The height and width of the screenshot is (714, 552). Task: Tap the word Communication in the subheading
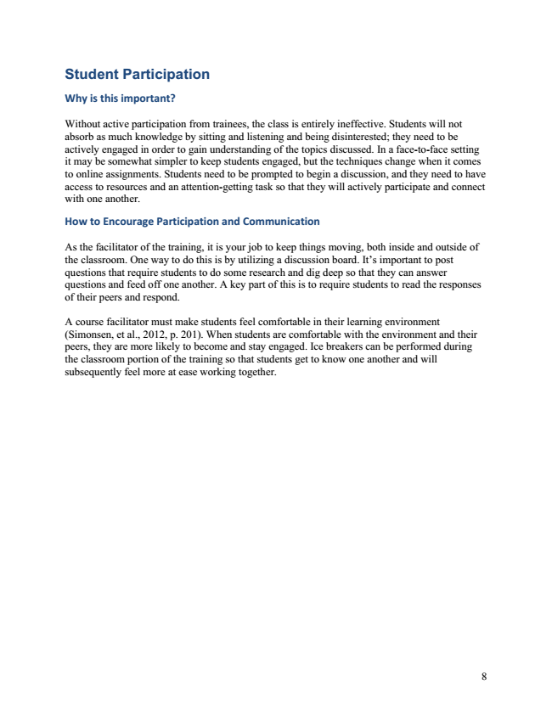[x=277, y=222]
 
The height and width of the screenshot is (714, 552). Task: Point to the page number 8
[x=483, y=676]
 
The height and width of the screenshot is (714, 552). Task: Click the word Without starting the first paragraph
[x=83, y=122]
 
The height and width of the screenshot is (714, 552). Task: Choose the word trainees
[x=220, y=122]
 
